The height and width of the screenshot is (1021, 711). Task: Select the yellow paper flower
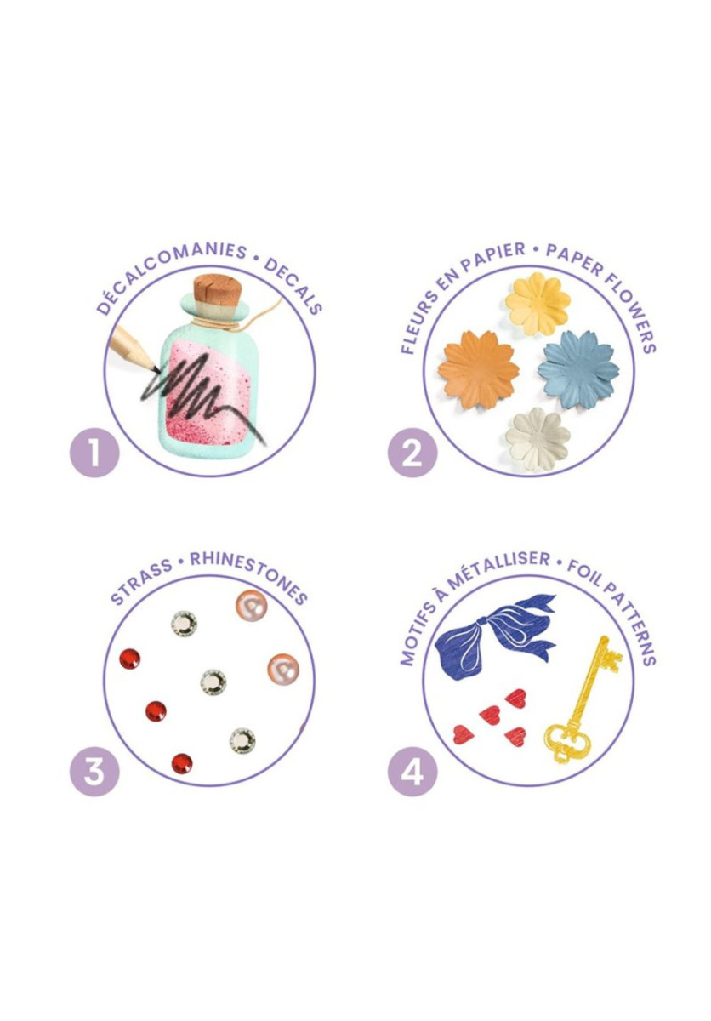(538, 303)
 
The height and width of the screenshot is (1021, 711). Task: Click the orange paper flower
(478, 369)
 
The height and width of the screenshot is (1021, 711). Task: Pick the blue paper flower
(578, 369)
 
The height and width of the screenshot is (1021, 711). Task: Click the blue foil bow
(494, 636)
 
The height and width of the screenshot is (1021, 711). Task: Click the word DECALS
(293, 285)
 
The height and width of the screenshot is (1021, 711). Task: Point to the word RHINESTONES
(248, 577)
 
